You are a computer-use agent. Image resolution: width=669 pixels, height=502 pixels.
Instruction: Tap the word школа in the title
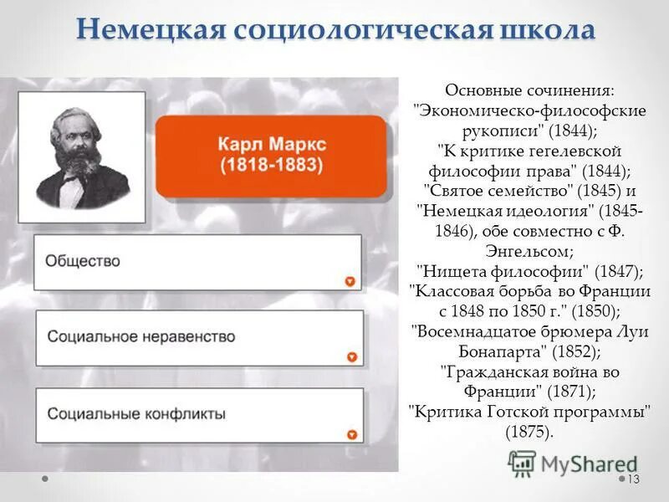pyautogui.click(x=543, y=31)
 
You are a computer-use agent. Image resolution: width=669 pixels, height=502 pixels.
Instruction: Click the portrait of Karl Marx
pyautogui.click(x=82, y=156)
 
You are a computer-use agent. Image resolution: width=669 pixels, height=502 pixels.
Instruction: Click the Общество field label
pyautogui.click(x=83, y=261)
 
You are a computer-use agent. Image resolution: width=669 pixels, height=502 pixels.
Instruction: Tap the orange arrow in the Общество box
pyautogui.click(x=350, y=282)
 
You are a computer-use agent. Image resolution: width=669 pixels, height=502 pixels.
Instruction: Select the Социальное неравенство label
pyautogui.click(x=141, y=337)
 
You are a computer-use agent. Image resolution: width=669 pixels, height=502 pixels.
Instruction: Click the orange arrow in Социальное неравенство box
pyautogui.click(x=351, y=358)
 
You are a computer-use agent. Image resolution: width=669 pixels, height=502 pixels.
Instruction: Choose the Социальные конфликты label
pyautogui.click(x=136, y=413)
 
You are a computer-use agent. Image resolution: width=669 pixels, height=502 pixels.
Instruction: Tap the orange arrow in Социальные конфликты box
pyautogui.click(x=351, y=435)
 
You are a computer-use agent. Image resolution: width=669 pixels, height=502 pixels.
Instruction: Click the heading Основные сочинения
pyautogui.click(x=530, y=90)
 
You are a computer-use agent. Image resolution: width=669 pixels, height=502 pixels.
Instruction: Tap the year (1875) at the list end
pyautogui.click(x=529, y=432)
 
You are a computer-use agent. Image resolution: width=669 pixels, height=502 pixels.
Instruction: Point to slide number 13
pyautogui.click(x=632, y=479)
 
